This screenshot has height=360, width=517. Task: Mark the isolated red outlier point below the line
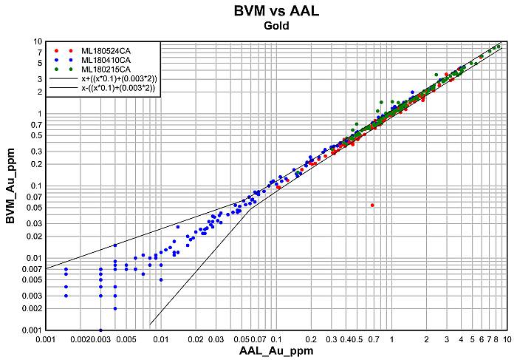pos(372,206)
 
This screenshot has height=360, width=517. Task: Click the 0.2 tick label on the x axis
pos(311,339)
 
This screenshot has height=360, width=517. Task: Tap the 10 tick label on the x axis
pos(507,339)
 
